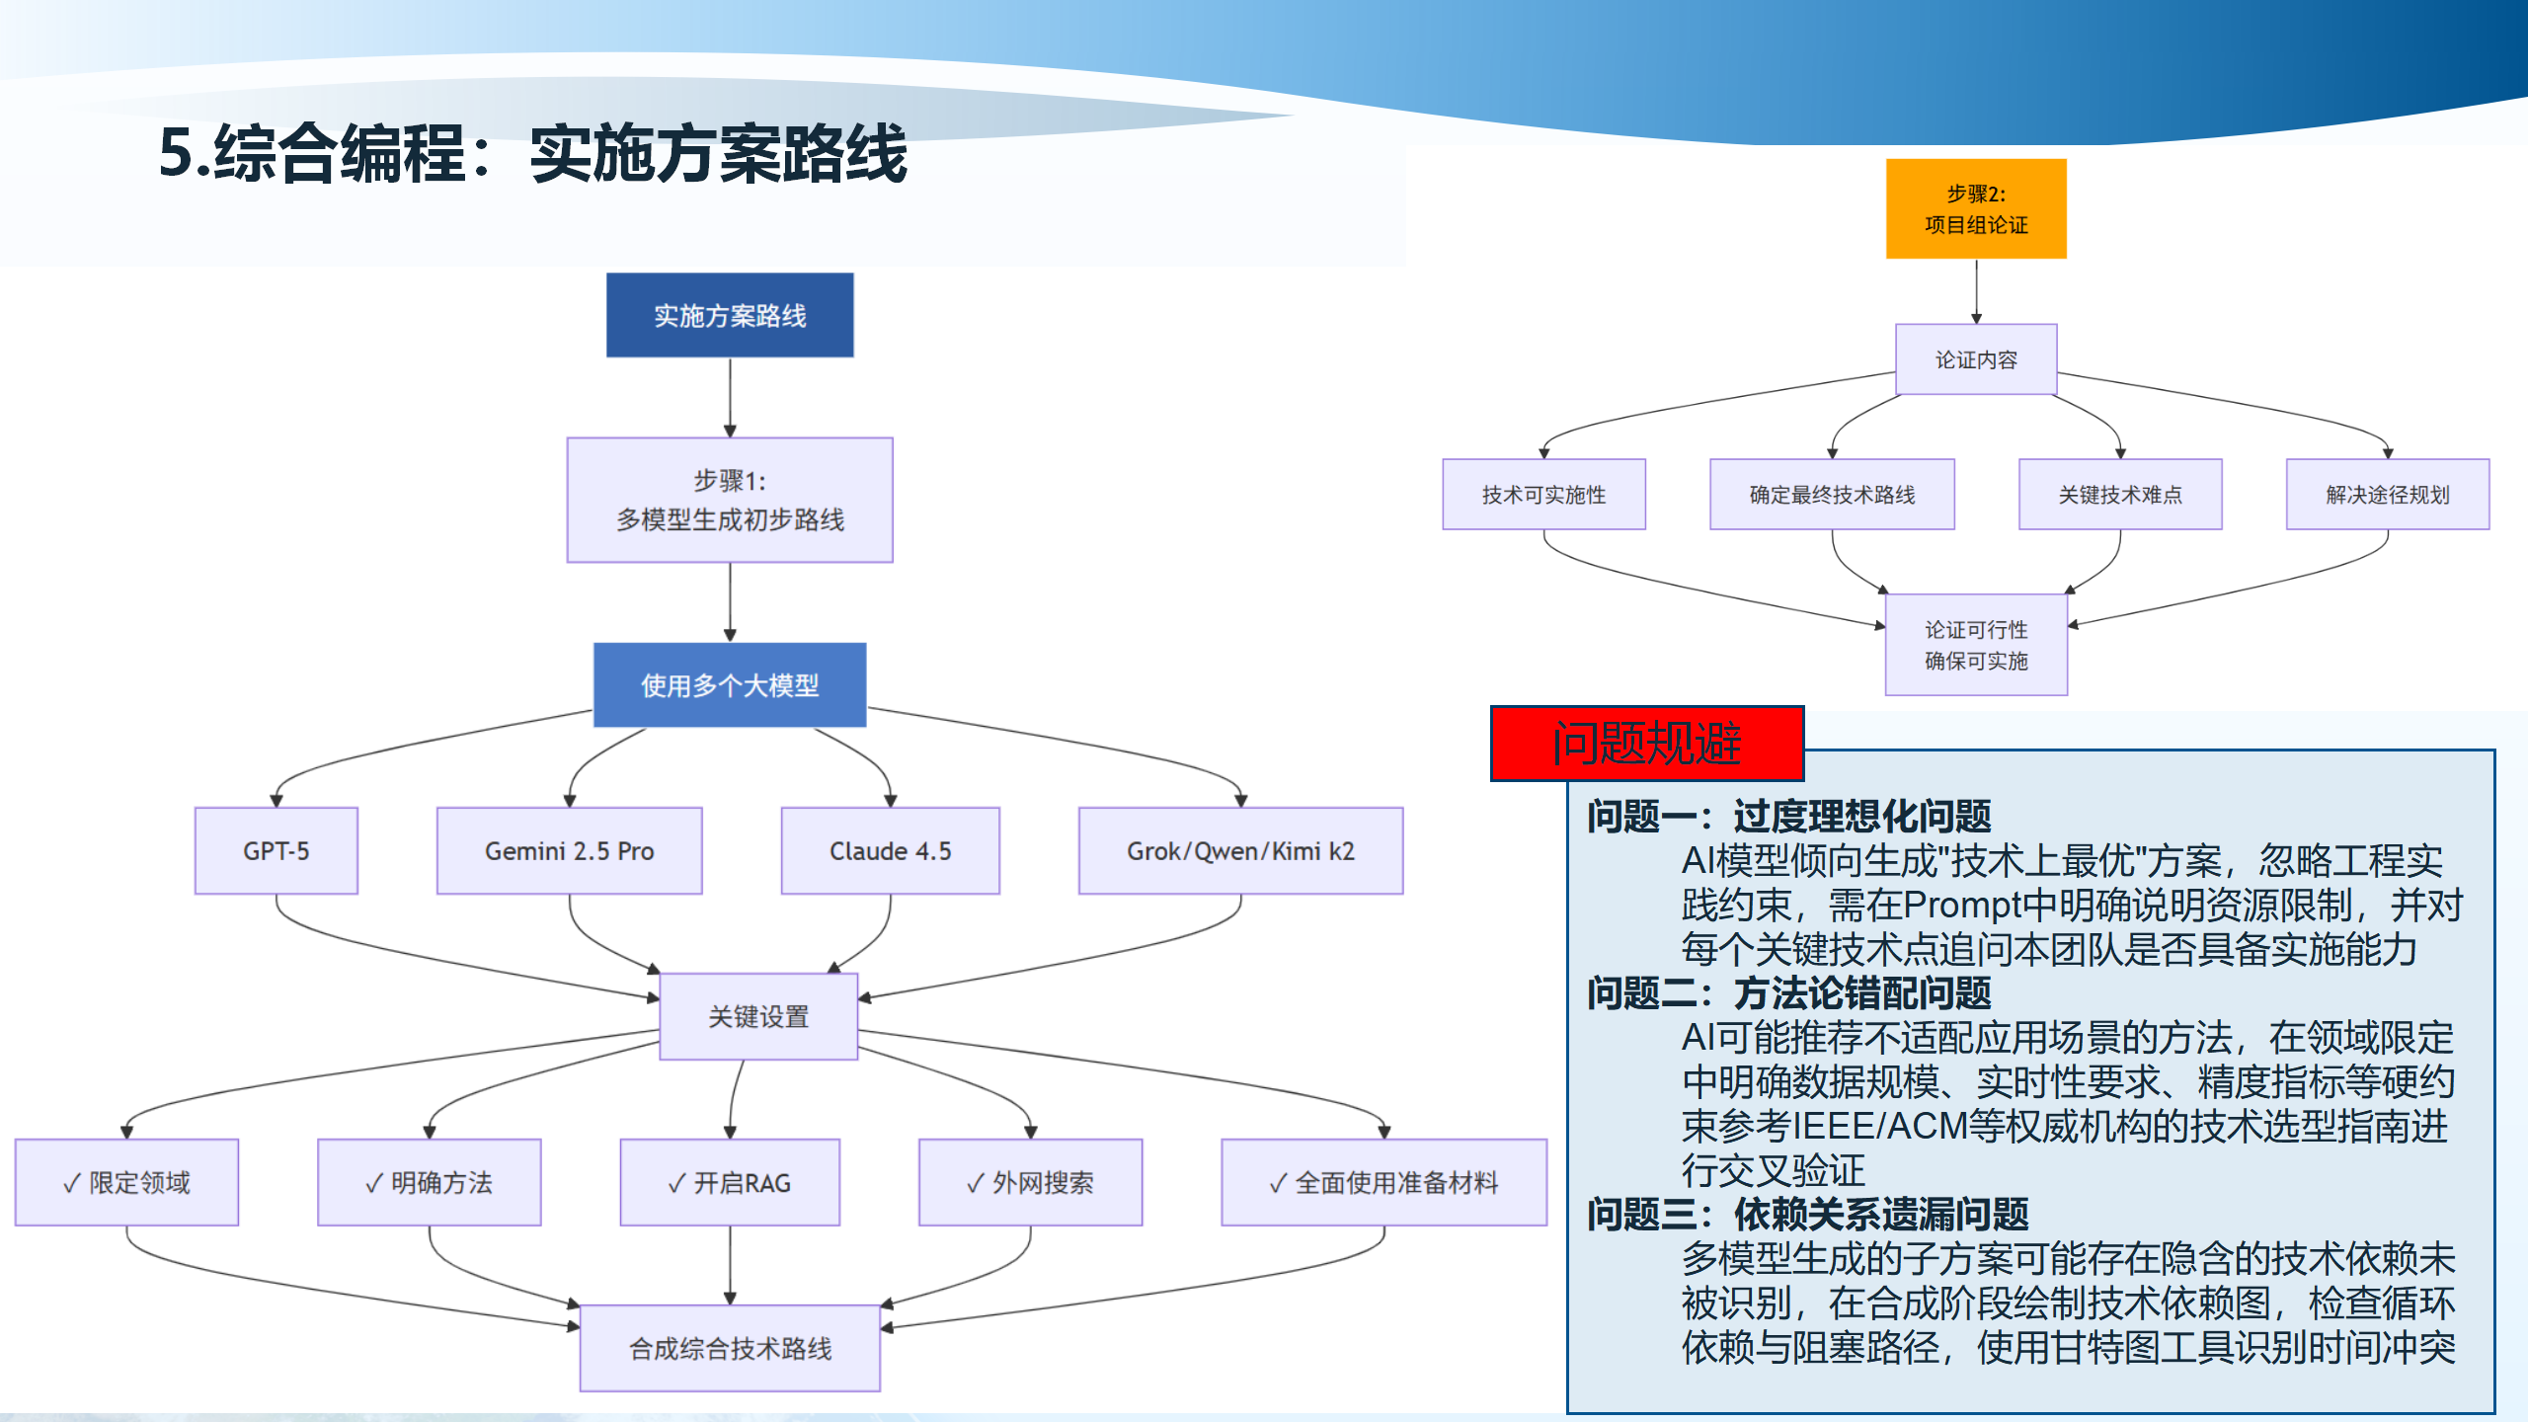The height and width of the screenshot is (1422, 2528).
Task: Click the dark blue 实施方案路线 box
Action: tap(730, 315)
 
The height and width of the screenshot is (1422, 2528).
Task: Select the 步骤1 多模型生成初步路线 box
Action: tap(730, 500)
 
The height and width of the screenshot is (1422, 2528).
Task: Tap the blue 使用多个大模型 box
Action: tap(730, 684)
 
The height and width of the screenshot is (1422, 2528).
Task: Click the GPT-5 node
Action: tap(276, 850)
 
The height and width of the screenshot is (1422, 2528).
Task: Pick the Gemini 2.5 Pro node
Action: tap(569, 850)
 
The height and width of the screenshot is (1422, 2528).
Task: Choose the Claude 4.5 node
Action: tap(890, 850)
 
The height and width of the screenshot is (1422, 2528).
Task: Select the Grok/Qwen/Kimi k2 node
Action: tap(1240, 850)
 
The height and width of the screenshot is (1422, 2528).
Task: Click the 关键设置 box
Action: tap(758, 1016)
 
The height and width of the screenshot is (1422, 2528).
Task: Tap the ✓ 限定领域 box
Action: tap(126, 1182)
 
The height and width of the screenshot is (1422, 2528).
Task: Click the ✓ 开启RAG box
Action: tap(730, 1182)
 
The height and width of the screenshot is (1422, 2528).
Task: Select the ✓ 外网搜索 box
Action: tap(1030, 1182)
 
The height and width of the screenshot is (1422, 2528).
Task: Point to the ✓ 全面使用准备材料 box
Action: tap(1383, 1182)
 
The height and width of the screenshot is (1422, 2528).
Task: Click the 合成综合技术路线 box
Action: tap(730, 1348)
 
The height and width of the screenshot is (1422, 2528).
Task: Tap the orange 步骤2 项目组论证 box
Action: tap(1976, 208)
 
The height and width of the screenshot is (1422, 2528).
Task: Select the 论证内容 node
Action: tap(1976, 359)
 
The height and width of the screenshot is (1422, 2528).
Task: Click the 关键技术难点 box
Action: tap(2120, 494)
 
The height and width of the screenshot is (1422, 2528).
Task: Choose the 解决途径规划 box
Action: tap(2388, 494)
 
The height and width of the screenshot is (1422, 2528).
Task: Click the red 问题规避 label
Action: tap(1647, 744)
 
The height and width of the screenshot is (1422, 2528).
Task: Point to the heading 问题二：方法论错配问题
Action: tap(1788, 992)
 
